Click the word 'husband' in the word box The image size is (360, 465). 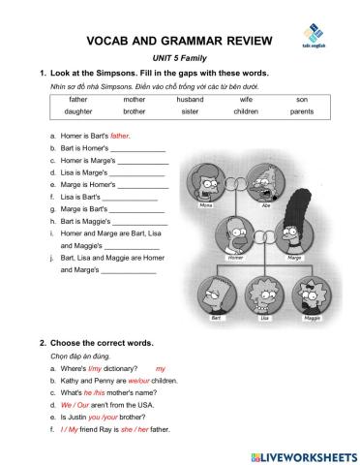point(190,99)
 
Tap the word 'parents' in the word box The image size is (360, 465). point(302,112)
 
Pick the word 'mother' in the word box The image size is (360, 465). point(134,99)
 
